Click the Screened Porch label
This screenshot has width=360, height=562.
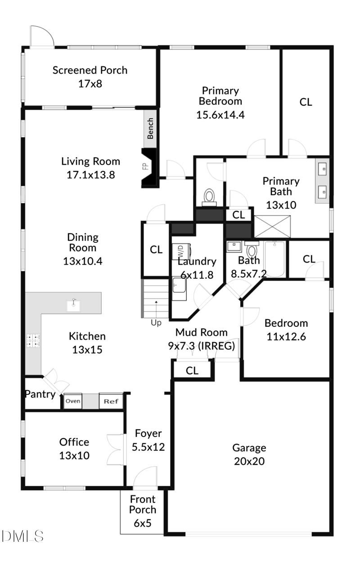pos(90,70)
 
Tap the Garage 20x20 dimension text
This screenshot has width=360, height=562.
pos(249,461)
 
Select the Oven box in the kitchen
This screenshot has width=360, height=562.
pos(73,401)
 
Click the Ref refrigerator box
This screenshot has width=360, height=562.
pos(111,401)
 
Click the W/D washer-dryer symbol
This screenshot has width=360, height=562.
pos(178,250)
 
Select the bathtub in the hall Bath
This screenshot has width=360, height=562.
pos(274,259)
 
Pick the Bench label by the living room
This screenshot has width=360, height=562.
pos(151,128)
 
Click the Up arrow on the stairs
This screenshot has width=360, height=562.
pos(156,310)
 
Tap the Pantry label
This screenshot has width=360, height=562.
pos(40,394)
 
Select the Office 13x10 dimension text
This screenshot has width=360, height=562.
pos(74,455)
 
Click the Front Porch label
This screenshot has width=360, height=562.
pos(143,504)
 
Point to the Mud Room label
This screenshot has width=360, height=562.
pos(201,332)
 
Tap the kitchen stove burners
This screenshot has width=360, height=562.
pos(33,340)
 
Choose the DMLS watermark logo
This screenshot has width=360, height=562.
pos(22,536)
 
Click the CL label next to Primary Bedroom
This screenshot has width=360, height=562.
pos(306,102)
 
